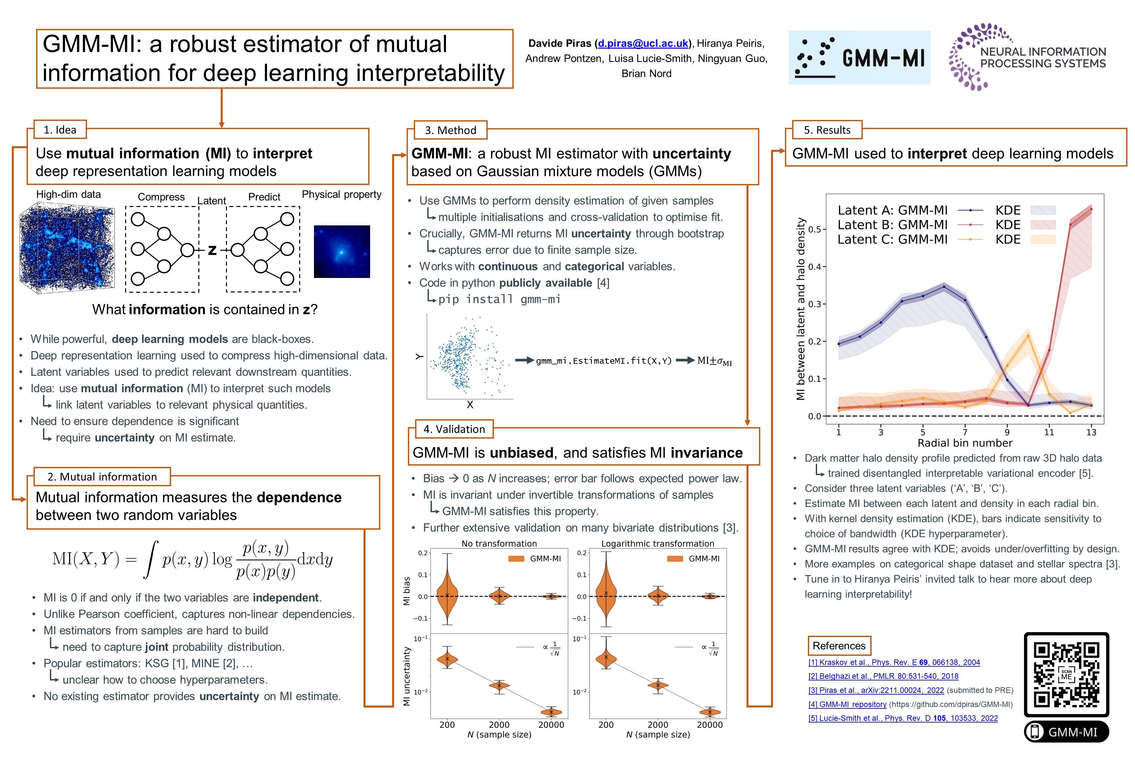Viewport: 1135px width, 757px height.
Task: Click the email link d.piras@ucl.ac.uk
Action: pyautogui.click(x=643, y=43)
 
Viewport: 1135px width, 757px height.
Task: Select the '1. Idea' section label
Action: pyautogui.click(x=60, y=130)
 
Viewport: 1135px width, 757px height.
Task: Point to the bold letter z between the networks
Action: pyautogui.click(x=212, y=250)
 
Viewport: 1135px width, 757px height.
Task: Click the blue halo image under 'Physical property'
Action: pyautogui.click(x=342, y=252)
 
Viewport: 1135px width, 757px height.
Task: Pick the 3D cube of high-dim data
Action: pyautogui.click(x=67, y=248)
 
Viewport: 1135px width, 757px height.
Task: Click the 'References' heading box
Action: pyautogui.click(x=839, y=646)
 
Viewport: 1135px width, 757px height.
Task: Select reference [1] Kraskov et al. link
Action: pyautogui.click(x=894, y=662)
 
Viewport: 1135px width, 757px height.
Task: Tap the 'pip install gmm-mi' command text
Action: pyautogui.click(x=499, y=299)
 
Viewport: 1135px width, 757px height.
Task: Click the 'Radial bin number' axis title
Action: pyautogui.click(x=965, y=443)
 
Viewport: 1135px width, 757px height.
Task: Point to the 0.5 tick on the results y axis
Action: pyautogui.click(x=814, y=229)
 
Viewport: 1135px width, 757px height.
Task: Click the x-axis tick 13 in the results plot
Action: pyautogui.click(x=1091, y=432)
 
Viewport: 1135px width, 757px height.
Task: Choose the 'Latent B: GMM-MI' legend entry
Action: pyautogui.click(x=892, y=225)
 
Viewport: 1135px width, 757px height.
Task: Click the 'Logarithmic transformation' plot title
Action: pyautogui.click(x=657, y=544)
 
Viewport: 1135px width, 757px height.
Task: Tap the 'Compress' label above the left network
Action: pyautogui.click(x=161, y=197)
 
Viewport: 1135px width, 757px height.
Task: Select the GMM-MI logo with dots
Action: pyautogui.click(x=859, y=58)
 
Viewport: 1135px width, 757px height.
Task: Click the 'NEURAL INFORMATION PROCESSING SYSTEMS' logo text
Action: pyautogui.click(x=1042, y=57)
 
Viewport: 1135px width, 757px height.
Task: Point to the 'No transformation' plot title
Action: pyautogui.click(x=499, y=544)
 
